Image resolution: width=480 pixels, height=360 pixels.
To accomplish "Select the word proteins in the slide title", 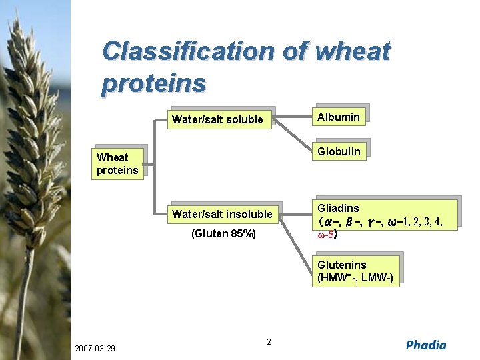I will click(154, 83).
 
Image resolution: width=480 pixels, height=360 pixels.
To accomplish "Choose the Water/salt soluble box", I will click(218, 120).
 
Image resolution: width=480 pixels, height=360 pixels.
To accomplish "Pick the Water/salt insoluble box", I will click(222, 214).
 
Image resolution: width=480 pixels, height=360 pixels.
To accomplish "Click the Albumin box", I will click(339, 117).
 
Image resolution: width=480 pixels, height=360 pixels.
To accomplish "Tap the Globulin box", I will click(339, 151).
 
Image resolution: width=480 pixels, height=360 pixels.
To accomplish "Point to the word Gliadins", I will click(338, 209).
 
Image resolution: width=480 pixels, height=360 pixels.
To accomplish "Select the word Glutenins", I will click(341, 265).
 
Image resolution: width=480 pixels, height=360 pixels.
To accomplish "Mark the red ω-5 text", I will click(327, 235).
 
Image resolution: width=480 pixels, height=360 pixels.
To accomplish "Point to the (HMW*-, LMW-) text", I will click(355, 277).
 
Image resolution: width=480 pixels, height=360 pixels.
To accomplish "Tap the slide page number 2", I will click(269, 342).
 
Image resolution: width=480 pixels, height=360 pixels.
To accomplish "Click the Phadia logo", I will click(426, 345).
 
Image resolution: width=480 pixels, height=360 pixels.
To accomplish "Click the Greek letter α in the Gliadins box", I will click(328, 221).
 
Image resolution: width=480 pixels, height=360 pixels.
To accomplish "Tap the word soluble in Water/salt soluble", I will click(245, 120).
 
